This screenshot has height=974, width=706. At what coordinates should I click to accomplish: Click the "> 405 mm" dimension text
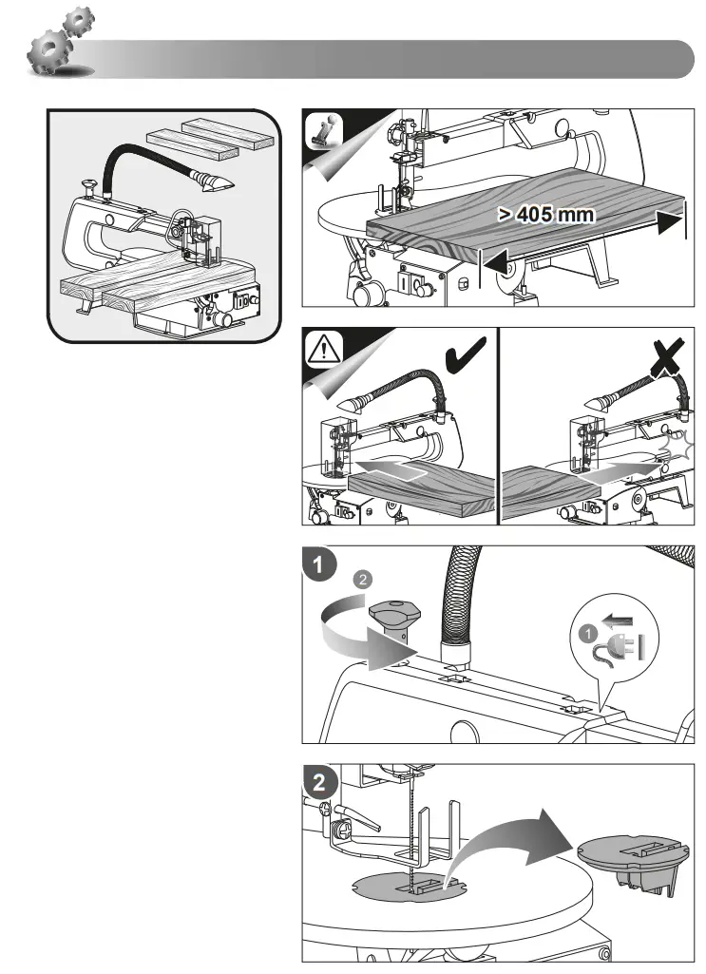click(545, 215)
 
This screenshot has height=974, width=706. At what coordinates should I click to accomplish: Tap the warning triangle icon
click(322, 349)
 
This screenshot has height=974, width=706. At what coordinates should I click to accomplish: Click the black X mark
click(664, 357)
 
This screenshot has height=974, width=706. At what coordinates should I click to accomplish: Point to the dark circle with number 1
click(318, 564)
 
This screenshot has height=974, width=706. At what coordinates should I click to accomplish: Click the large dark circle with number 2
click(319, 782)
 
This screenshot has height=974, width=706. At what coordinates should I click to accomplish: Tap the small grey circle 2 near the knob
click(363, 580)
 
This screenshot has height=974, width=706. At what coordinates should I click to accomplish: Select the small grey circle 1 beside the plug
click(587, 634)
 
